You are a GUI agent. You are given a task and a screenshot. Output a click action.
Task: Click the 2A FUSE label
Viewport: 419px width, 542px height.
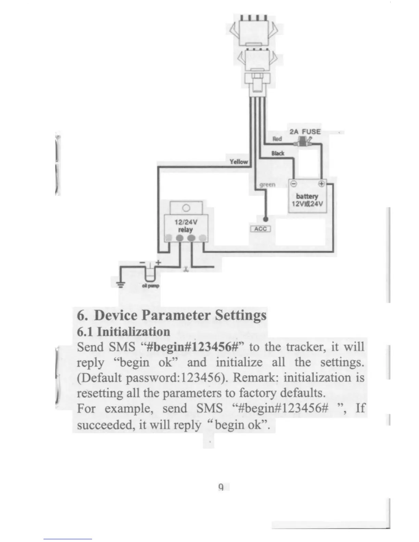305,132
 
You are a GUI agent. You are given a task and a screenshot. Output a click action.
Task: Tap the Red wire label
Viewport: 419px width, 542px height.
277,139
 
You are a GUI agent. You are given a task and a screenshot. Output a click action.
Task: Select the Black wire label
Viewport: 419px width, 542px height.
278,153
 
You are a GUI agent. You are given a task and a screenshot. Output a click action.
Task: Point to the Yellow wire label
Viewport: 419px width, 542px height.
239,162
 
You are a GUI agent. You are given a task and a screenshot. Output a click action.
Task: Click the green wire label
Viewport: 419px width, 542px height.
267,184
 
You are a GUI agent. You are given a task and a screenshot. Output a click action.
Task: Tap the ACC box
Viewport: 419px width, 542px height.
261,229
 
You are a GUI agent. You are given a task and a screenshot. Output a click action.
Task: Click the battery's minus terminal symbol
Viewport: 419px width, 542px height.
293,183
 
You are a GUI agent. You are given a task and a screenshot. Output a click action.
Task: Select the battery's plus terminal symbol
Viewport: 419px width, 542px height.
321,183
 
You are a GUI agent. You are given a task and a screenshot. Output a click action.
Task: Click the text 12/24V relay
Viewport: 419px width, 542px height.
186,226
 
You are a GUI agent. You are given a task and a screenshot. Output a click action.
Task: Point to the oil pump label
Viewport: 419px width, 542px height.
151,286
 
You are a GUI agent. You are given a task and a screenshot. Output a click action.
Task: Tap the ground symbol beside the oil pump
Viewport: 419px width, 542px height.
120,284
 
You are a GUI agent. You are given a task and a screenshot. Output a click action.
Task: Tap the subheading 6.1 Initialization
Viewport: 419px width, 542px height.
123,332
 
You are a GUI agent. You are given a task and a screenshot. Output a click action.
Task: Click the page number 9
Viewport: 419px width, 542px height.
221,487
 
